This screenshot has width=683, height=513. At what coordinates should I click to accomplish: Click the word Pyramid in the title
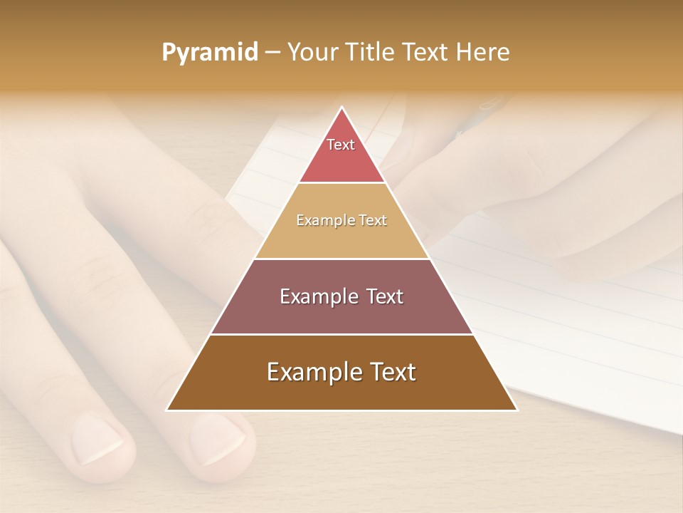(209, 53)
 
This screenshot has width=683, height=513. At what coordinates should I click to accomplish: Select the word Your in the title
(311, 53)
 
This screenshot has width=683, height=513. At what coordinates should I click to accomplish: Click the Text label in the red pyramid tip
(341, 145)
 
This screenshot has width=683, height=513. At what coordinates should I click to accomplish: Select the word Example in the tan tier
(323, 221)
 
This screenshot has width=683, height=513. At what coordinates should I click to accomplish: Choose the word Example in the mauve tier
(313, 296)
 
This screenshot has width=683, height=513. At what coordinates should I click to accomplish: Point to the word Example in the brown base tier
(306, 372)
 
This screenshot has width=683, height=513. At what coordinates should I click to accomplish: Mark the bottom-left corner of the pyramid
(167, 410)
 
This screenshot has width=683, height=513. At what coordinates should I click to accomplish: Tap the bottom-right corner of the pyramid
(517, 410)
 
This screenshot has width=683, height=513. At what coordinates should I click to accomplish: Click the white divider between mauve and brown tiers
(341, 334)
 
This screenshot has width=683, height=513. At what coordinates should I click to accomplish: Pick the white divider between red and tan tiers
(341, 183)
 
